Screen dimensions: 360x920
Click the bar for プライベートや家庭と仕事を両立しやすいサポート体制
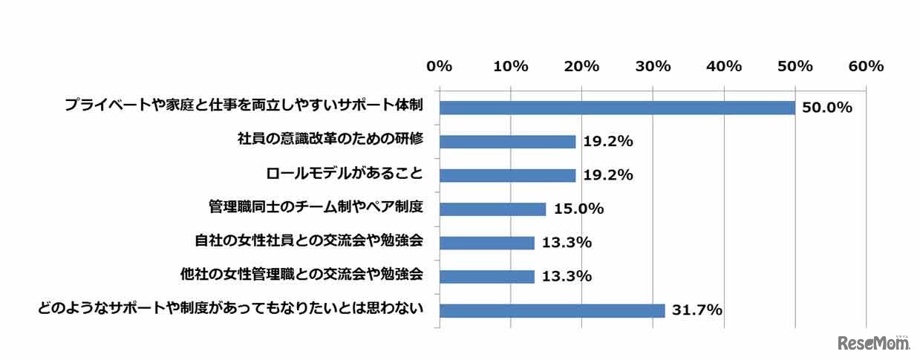617,108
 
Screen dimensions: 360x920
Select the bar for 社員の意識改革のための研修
507,142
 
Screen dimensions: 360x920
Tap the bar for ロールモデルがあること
507,175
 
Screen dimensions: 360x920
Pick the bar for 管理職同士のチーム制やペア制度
492,209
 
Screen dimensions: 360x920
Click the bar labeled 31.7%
552,310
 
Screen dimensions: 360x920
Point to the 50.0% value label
826,108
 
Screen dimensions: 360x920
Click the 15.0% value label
578,209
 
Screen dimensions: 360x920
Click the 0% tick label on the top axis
439,66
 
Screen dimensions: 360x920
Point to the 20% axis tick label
581,66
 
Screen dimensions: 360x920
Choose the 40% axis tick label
724,66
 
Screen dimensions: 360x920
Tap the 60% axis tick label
866,66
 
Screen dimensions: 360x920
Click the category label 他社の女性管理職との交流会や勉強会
302,274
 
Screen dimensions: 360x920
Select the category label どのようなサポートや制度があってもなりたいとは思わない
231,308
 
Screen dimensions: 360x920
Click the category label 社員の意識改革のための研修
330,140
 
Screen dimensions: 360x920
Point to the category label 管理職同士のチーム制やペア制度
316,207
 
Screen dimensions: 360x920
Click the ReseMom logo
874,343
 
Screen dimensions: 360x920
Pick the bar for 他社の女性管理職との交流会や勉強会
486,277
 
